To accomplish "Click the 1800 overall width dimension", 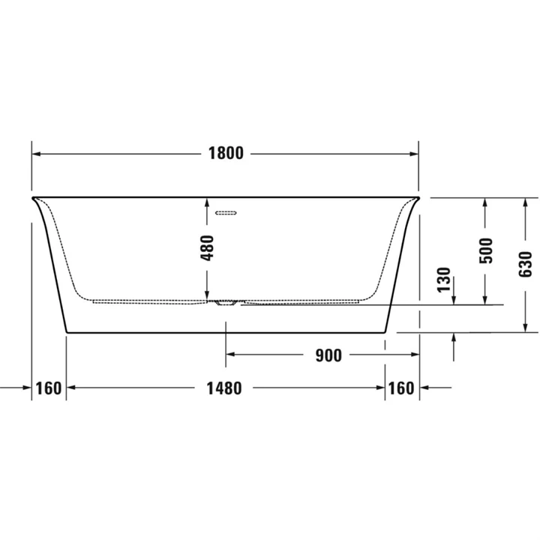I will pyautogui.click(x=226, y=154).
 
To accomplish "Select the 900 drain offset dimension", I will pyautogui.click(x=328, y=355).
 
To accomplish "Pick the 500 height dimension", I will pyautogui.click(x=486, y=249).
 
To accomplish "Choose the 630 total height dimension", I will pyautogui.click(x=525, y=262).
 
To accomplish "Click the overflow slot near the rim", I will pyautogui.click(x=226, y=212).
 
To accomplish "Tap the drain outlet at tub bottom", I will pyautogui.click(x=226, y=303).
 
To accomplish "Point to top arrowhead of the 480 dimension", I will pyautogui.click(x=208, y=202).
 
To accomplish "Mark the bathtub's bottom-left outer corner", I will pyautogui.click(x=67, y=331).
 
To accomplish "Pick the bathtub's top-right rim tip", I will pyautogui.click(x=418, y=198).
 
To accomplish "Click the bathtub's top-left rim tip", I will pyautogui.click(x=32, y=198).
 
